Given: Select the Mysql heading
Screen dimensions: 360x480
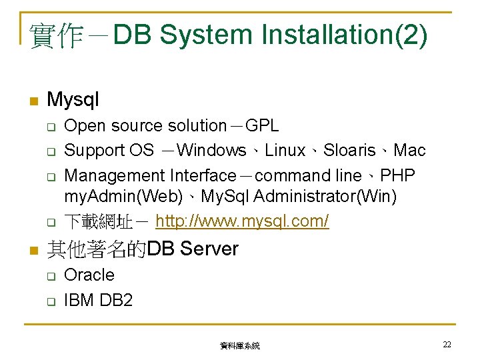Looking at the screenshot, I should pyautogui.click(x=73, y=100).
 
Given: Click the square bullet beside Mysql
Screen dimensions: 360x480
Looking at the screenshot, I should pyautogui.click(x=31, y=101).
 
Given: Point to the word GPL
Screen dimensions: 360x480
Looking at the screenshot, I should pyautogui.click(x=263, y=125).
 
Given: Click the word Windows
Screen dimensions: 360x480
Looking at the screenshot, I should pyautogui.click(x=212, y=151).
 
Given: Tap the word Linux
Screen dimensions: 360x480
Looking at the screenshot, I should pyautogui.click(x=285, y=151).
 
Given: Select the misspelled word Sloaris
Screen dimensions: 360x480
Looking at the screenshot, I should pyautogui.click(x=349, y=151).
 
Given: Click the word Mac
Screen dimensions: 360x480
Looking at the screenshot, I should pyautogui.click(x=409, y=151).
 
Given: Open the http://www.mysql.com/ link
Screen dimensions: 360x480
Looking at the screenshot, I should pyautogui.click(x=242, y=221).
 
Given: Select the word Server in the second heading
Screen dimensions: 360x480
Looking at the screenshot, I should pyautogui.click(x=209, y=249).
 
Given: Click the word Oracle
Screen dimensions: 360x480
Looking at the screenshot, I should pyautogui.click(x=89, y=275).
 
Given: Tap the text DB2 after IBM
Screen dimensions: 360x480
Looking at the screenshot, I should pyautogui.click(x=116, y=300).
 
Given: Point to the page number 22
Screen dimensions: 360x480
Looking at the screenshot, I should pyautogui.click(x=447, y=344).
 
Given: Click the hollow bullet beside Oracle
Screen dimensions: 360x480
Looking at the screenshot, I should pyautogui.click(x=49, y=275).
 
